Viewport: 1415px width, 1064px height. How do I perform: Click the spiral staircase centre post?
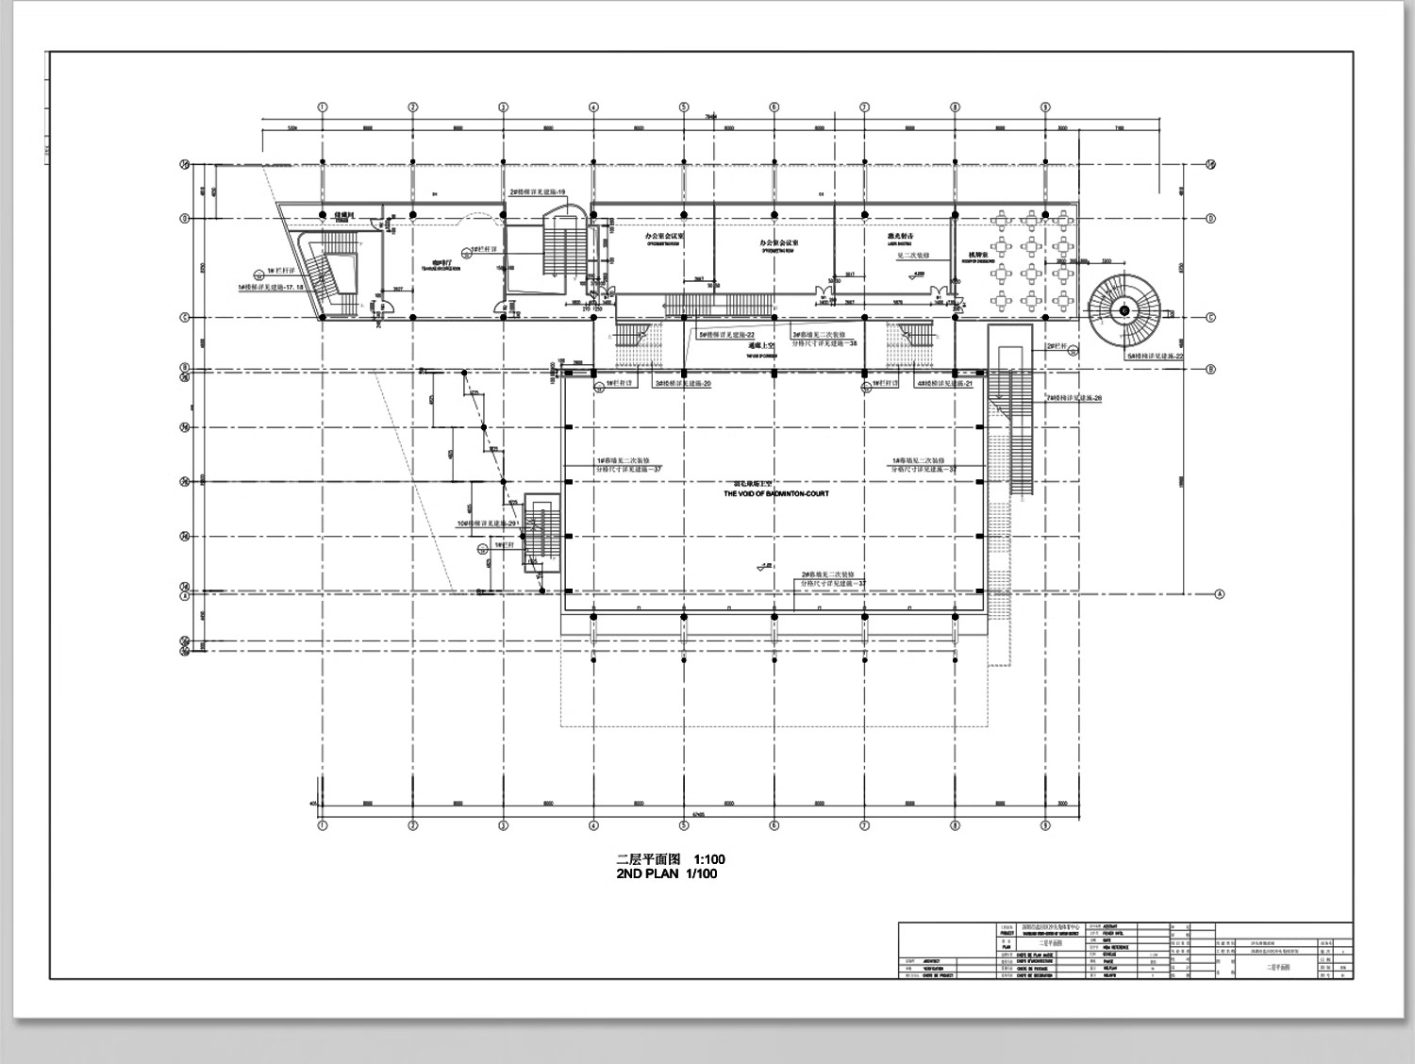1124,309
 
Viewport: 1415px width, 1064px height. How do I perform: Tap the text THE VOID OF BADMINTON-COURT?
776,493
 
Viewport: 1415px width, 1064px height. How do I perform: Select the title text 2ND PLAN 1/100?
666,873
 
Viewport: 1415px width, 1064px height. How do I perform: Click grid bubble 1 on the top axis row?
323,108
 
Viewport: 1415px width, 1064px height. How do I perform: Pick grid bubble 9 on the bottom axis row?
1045,825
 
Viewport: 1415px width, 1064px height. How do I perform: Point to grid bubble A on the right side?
1219,594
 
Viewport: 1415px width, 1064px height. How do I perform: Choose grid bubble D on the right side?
1211,219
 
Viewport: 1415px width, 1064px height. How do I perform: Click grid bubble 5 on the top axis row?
684,108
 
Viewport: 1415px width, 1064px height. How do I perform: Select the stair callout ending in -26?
1074,398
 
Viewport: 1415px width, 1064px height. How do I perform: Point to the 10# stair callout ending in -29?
487,523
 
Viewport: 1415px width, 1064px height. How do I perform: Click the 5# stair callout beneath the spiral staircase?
1155,356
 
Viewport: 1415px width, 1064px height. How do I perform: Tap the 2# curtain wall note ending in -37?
834,579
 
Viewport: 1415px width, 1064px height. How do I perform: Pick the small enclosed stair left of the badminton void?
541,533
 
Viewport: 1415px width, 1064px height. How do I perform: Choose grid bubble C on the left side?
186,318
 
